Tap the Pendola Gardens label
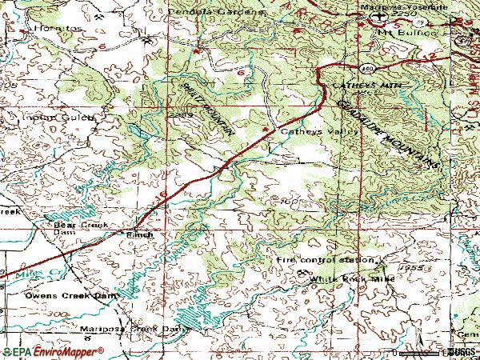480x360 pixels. tap(216, 13)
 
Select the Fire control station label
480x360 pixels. tap(325, 260)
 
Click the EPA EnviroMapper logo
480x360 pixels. tap(52, 351)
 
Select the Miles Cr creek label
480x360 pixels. tap(18, 275)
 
